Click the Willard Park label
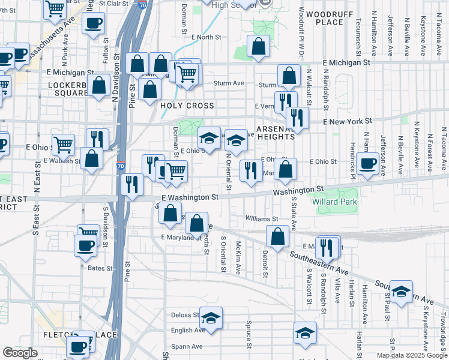[x=334, y=202]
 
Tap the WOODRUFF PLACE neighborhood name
[x=324, y=18]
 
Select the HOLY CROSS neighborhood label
[x=187, y=106]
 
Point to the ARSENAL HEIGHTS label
[x=276, y=133]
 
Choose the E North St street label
[x=206, y=37]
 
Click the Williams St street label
[x=262, y=219]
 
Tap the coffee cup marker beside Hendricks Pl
[x=367, y=163]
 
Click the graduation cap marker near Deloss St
[x=211, y=317]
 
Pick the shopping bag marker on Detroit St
[x=278, y=236]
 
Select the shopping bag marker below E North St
[x=258, y=47]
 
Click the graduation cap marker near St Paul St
[x=401, y=290]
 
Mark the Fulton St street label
[x=106, y=53]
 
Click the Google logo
[x=20, y=353]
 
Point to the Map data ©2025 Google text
[x=411, y=355]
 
